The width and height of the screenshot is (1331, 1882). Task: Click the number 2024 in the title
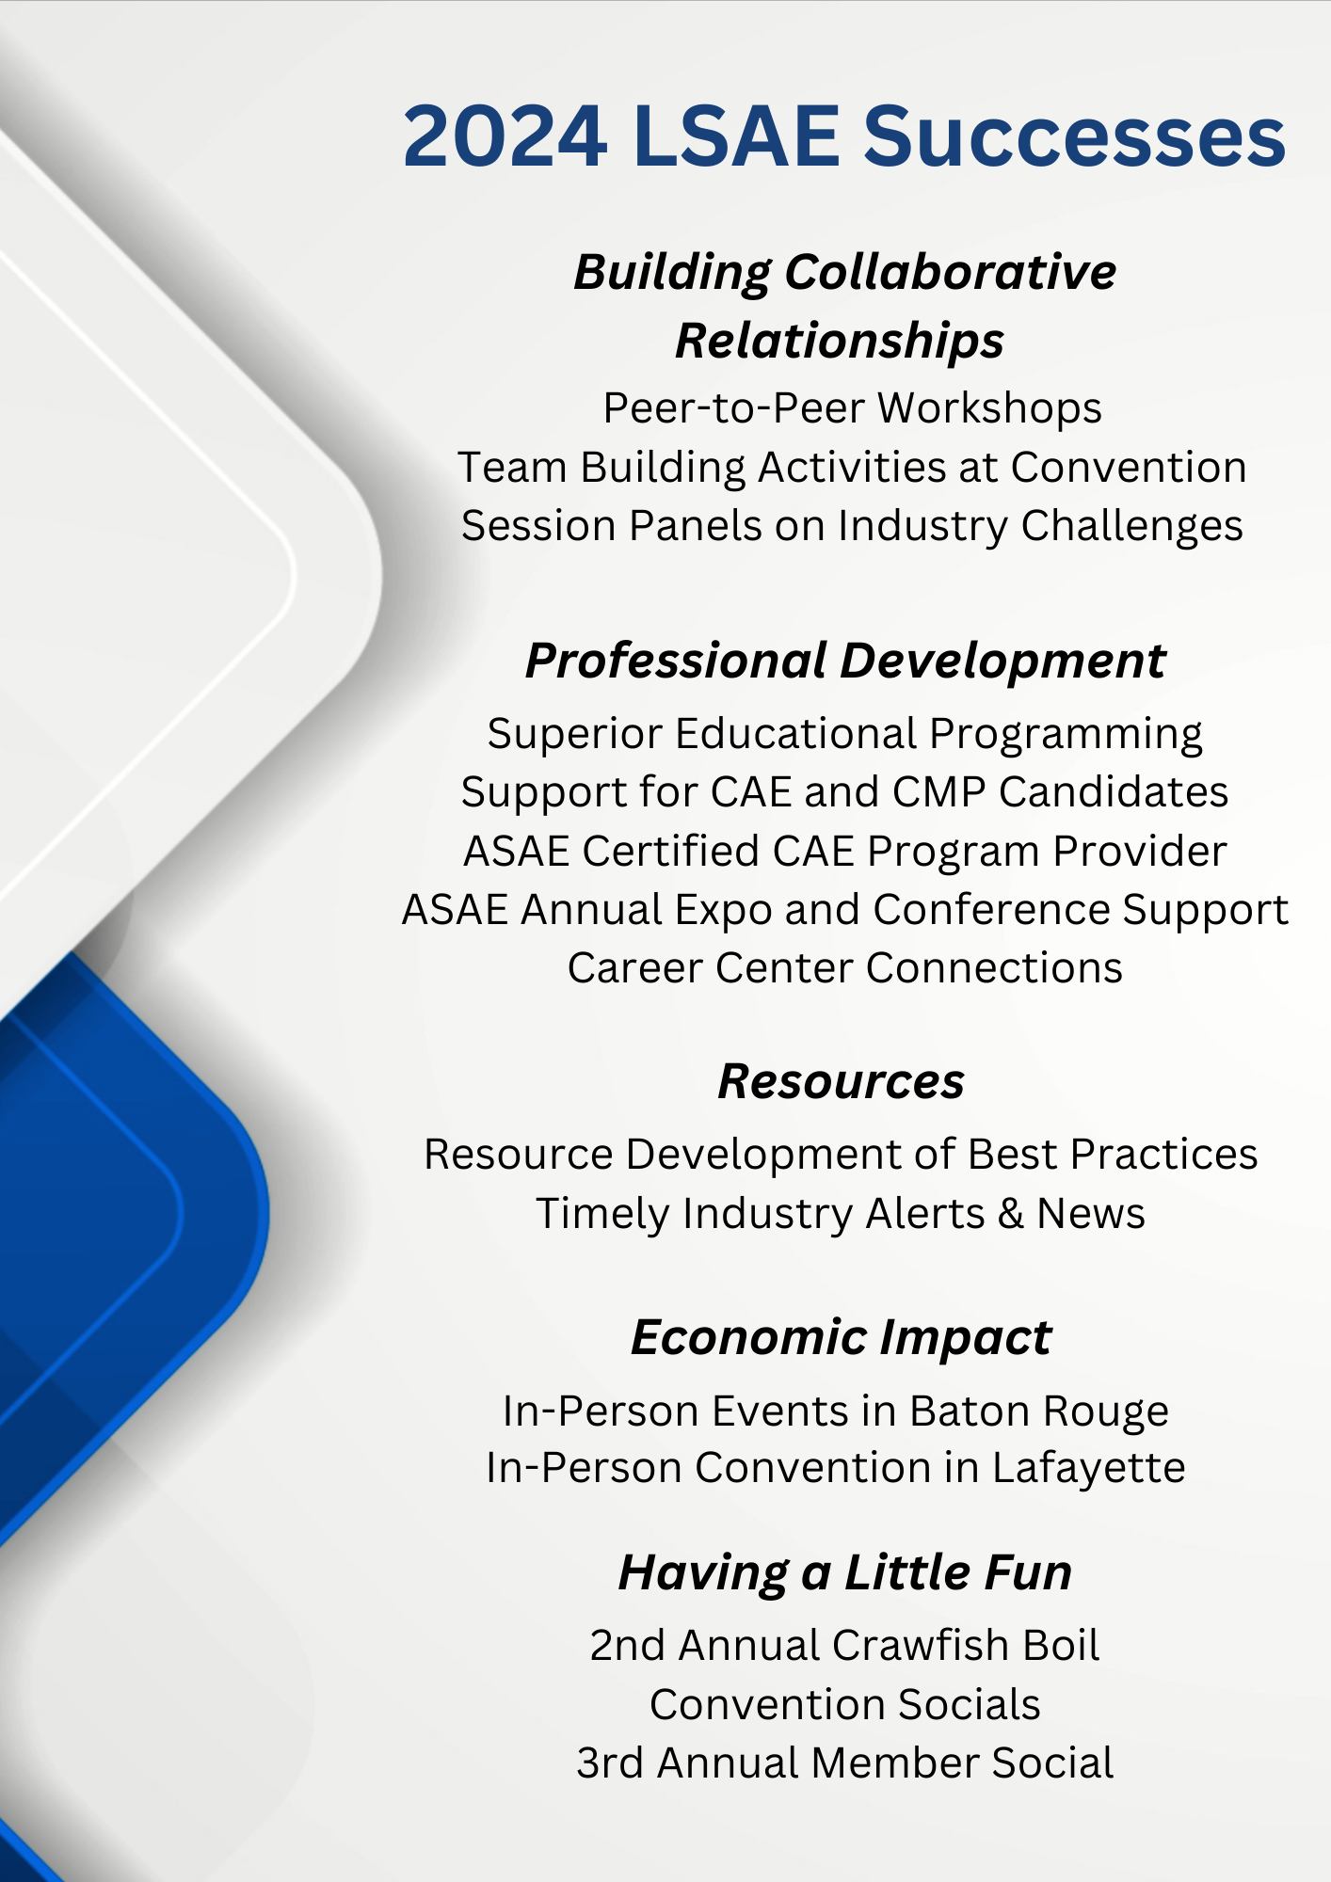point(505,137)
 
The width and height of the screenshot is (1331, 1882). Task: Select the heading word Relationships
point(840,341)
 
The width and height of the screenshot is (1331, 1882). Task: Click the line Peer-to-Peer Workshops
point(852,408)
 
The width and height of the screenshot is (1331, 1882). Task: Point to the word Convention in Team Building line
point(1129,468)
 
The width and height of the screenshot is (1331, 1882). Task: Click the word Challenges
point(1131,526)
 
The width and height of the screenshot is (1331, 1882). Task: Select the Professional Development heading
point(844,661)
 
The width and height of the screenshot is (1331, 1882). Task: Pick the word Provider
point(1139,852)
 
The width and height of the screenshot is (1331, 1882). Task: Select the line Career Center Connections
point(844,968)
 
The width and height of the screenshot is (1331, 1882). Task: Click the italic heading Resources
point(841,1081)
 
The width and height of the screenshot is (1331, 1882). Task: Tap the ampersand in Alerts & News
point(1010,1214)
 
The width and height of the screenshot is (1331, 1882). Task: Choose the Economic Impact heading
point(841,1337)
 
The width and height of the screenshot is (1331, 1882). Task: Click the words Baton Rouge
point(1039,1411)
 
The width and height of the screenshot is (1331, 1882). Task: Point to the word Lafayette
point(1088,1468)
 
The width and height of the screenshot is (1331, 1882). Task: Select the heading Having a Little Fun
point(844,1572)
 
